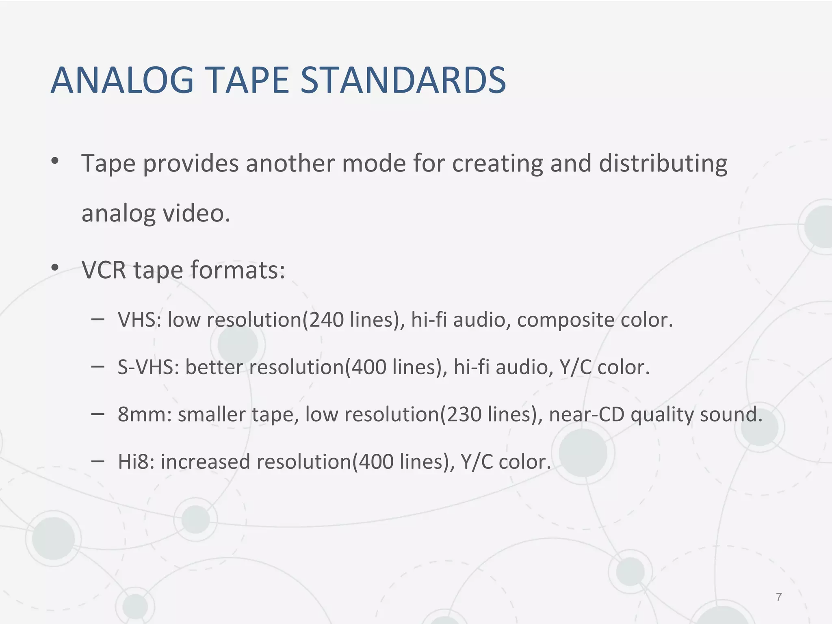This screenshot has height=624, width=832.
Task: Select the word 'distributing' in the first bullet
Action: click(663, 164)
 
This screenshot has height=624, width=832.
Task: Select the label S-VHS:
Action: click(148, 367)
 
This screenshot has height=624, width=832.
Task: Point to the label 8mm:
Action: click(145, 414)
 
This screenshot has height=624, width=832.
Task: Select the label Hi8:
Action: click(136, 462)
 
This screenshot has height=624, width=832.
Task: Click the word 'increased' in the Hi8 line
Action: click(205, 462)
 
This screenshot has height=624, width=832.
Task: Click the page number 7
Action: click(779, 597)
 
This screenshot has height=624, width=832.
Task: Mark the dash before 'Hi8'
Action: click(98, 461)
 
